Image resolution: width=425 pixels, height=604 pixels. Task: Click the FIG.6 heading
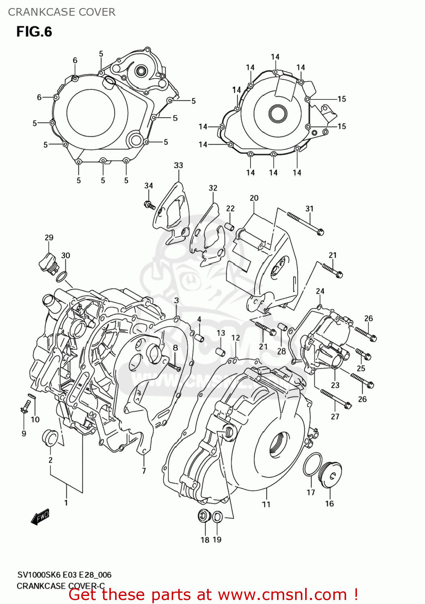(34, 32)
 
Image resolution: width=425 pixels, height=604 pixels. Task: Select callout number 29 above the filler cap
(49, 238)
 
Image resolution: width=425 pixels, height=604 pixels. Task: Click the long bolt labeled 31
(306, 223)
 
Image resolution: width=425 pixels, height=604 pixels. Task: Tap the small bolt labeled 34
(149, 205)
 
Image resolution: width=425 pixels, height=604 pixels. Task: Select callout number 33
(179, 165)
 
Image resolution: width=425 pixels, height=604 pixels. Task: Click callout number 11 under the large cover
(266, 504)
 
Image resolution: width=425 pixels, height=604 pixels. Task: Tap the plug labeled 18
(204, 515)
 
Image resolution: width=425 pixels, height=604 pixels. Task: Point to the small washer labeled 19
(217, 517)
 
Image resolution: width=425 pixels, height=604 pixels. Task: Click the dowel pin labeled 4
(200, 337)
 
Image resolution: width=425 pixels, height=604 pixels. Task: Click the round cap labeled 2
(50, 438)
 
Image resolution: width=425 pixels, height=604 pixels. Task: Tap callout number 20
(254, 198)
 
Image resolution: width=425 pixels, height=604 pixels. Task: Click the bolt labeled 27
(336, 399)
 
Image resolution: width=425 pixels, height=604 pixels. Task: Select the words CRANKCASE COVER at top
(62, 12)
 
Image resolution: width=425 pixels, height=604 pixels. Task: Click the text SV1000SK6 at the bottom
(39, 575)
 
